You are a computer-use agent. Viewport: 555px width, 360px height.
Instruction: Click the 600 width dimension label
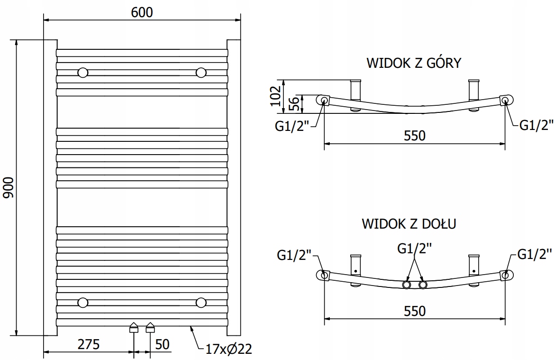point(142,12)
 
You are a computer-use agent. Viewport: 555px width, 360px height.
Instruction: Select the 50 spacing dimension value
point(163,344)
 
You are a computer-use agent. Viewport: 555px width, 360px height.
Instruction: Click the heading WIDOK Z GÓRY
point(413,63)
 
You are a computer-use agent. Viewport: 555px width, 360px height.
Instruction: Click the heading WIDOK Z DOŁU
point(409,223)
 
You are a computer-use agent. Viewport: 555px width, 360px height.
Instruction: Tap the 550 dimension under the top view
point(415,136)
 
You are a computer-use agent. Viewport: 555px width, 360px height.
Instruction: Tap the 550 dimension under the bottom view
point(415,311)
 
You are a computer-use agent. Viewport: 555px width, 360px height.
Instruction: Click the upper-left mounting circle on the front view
point(83,73)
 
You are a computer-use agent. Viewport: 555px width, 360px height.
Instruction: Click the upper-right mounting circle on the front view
point(201,73)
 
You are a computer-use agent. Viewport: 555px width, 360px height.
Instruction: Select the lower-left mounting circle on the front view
point(83,302)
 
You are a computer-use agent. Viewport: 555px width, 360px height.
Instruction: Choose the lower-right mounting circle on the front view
point(201,302)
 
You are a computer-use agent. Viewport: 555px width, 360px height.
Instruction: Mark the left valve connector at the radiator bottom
point(134,327)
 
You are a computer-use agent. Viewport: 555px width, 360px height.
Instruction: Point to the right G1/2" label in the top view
point(537,125)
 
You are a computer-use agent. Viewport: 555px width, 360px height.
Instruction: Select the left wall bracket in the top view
point(356,95)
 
